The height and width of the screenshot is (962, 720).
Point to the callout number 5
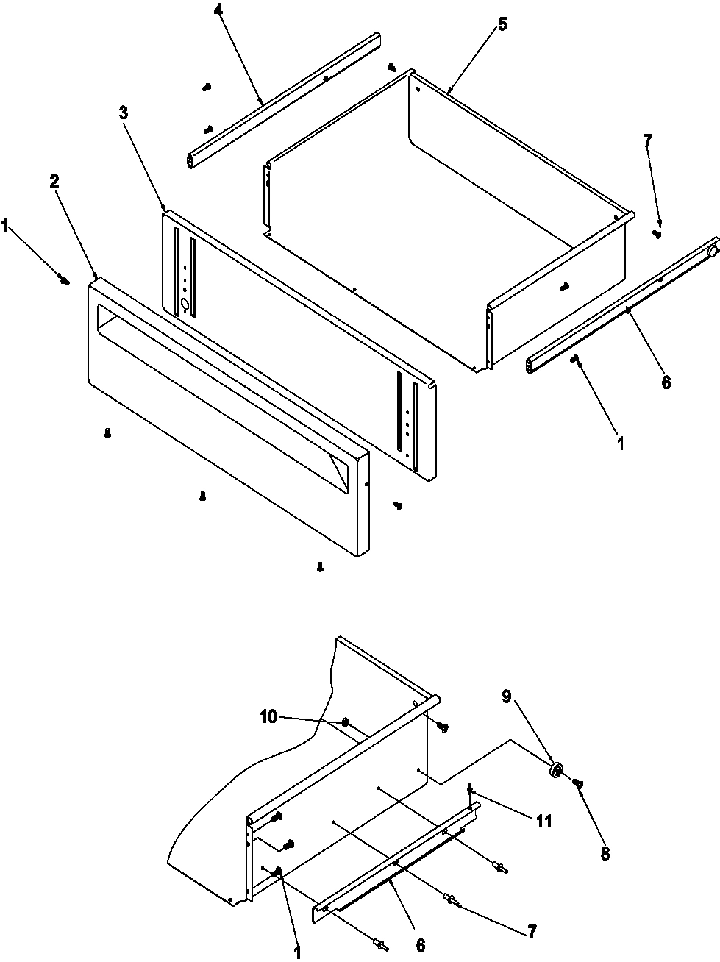tap(502, 24)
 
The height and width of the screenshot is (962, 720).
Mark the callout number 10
tap(268, 716)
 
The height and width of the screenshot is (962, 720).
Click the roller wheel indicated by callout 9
tap(557, 771)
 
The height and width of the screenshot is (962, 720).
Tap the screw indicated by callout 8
tap(579, 785)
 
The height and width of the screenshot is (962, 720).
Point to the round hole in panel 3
tap(184, 303)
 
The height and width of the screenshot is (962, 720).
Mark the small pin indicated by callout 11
tap(471, 793)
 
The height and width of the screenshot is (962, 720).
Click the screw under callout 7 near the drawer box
tap(657, 234)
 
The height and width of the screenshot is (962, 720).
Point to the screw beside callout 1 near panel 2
tap(65, 279)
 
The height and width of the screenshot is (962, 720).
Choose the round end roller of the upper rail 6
tap(711, 252)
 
